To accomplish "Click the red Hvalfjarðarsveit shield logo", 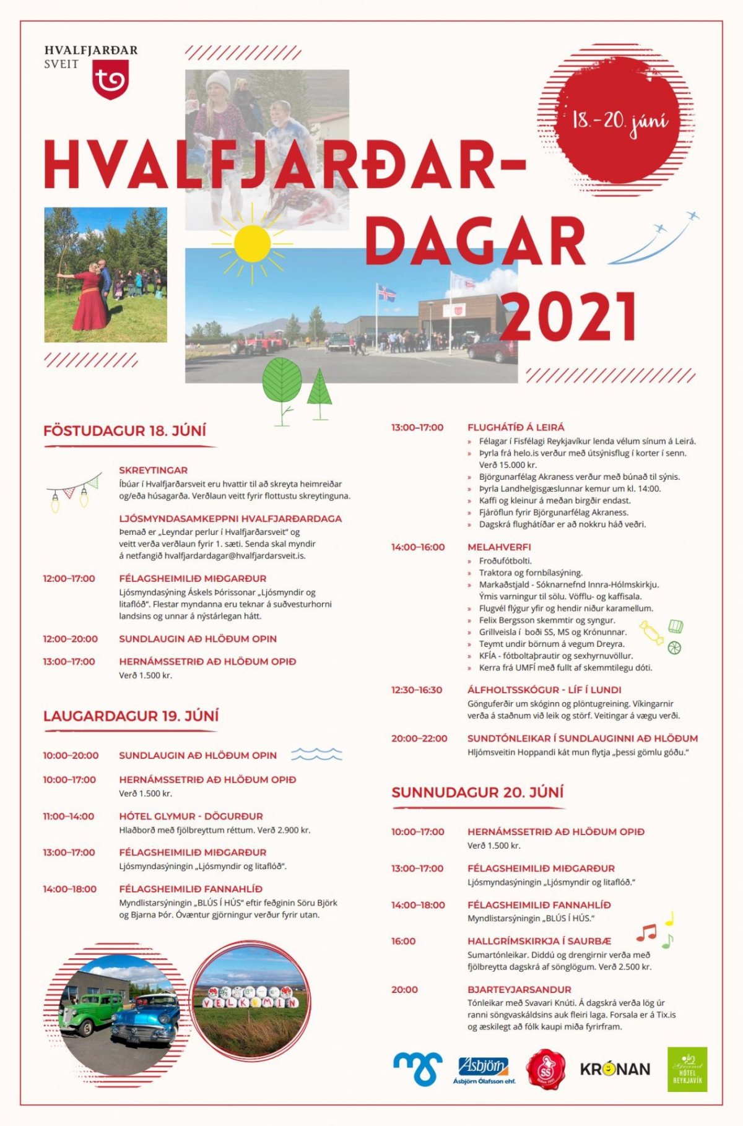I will pos(110,82).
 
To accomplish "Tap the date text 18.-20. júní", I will pos(620,120).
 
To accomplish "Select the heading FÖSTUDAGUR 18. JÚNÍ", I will pos(124,431).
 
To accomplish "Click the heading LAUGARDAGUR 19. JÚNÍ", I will pos(131,716).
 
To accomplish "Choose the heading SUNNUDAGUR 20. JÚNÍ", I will pos(477,792).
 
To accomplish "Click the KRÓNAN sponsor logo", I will pos(615,1069).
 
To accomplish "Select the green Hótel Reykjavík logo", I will pos(687,1069).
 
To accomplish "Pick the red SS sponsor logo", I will pos(545,1069).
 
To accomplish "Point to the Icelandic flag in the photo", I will pos(386,293).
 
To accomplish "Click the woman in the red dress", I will pos(90,298).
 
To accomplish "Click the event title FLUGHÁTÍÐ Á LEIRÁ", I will pos(516,427).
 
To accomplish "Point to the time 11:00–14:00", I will pos(68,816).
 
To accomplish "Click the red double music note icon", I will pos(646,932).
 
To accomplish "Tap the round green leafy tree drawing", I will pos(282,382).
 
